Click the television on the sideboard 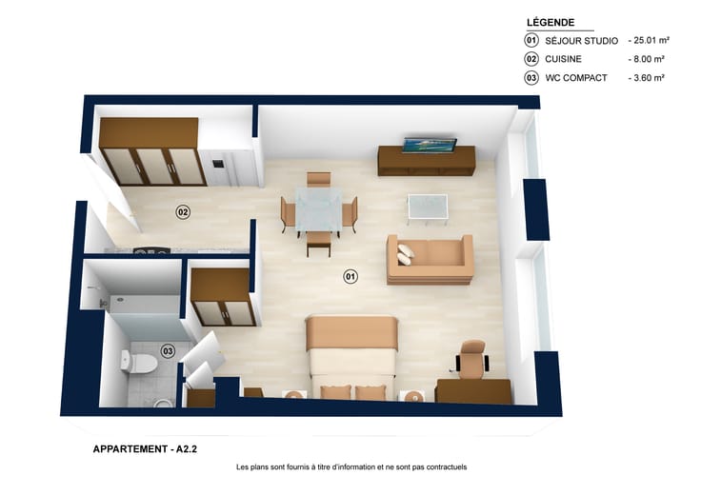point(430,146)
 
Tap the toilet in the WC point(138,362)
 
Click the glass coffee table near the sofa point(428,208)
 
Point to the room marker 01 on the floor point(350,277)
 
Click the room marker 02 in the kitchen point(183,211)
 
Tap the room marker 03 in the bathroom point(168,351)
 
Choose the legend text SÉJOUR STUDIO point(581,41)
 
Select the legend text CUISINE point(563,59)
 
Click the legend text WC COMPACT point(576,78)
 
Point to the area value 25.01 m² point(649,40)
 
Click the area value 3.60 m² point(647,78)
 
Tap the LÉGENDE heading point(551,22)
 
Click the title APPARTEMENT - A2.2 point(145,449)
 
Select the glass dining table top point(319,209)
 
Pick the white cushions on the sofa point(406,254)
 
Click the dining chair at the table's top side point(319,179)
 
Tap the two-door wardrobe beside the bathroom point(223,297)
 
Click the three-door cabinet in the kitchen point(152,152)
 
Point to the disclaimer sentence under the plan point(351,466)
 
